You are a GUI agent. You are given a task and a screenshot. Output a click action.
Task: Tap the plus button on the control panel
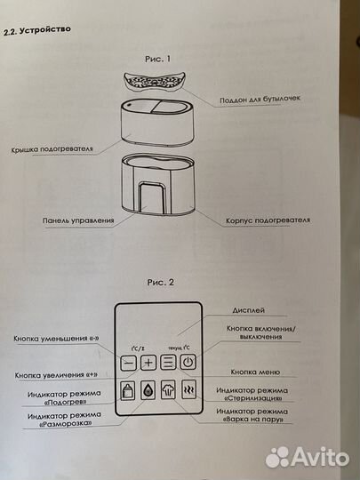coord(148,363)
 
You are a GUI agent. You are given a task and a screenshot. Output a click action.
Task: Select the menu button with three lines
coord(168,363)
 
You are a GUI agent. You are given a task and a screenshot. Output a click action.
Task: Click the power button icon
coord(188,363)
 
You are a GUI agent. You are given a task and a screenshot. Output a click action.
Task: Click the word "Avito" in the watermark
coord(318,456)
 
